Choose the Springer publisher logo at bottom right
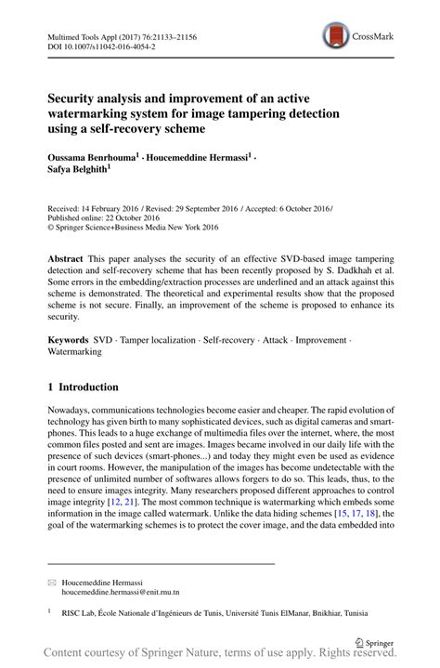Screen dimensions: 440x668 [372, 640]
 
